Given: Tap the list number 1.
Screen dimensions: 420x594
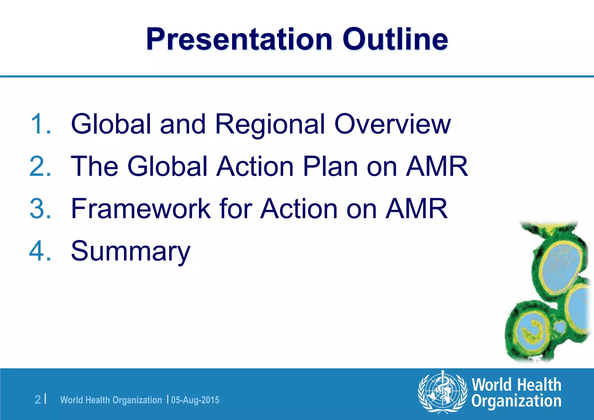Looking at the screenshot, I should (41, 124).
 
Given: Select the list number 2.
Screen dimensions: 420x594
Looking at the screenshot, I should (41, 166).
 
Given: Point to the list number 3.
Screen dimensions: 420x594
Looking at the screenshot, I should (41, 209).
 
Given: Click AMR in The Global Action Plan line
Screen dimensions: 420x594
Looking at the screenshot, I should (437, 166).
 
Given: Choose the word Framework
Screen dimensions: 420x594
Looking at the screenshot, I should (141, 209).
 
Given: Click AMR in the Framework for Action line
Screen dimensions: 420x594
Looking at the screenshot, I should (416, 209).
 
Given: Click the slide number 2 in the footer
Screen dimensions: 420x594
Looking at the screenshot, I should (38, 400).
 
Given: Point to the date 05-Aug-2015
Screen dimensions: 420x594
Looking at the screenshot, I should (195, 400).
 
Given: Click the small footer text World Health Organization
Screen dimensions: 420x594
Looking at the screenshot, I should (111, 400).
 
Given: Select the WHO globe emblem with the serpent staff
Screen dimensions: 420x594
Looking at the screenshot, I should (442, 392).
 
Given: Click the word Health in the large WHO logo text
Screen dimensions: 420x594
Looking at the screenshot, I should (539, 385).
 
